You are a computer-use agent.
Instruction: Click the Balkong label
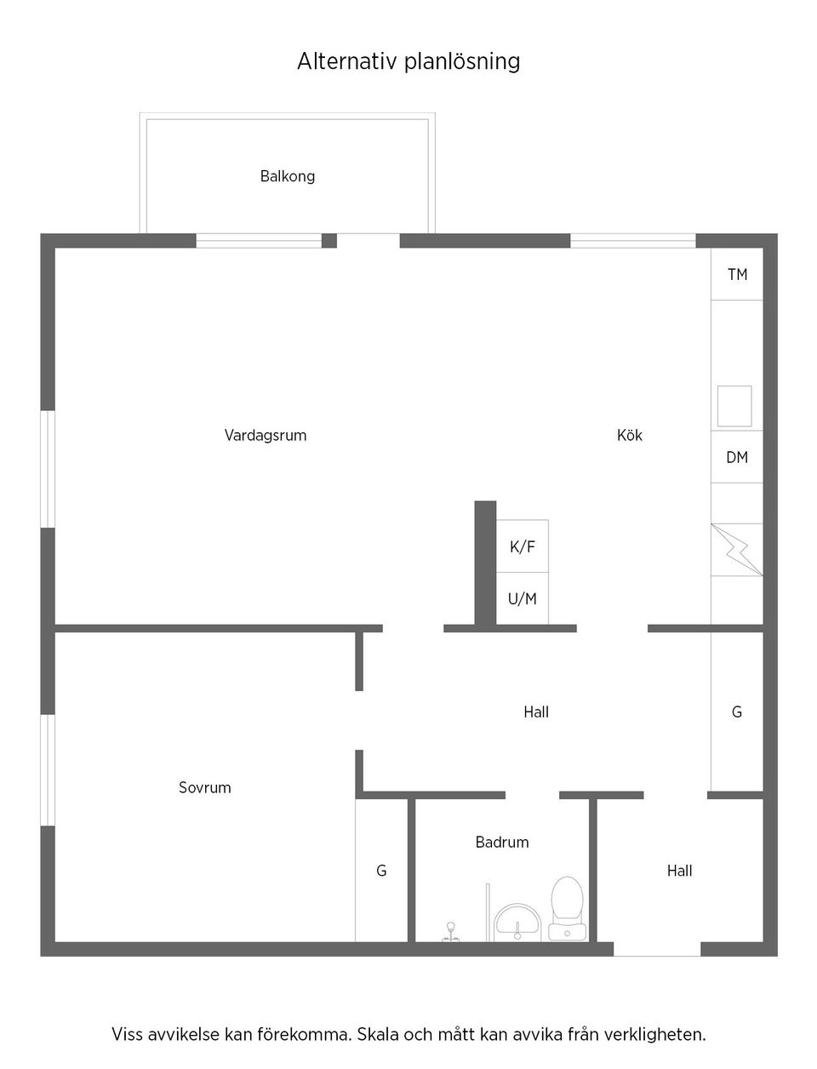(x=288, y=176)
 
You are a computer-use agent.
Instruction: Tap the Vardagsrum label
(x=266, y=435)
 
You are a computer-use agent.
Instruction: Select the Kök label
(x=630, y=435)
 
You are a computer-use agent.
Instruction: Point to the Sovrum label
(x=205, y=787)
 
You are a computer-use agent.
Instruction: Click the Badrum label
(x=502, y=842)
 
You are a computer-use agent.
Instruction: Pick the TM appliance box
(x=737, y=274)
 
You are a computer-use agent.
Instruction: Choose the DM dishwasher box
(x=737, y=457)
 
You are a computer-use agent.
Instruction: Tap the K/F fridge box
(x=523, y=546)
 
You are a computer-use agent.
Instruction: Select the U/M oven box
(x=523, y=599)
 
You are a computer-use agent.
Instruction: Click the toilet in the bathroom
(x=566, y=907)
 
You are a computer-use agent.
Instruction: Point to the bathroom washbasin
(x=517, y=922)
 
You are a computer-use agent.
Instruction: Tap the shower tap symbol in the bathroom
(x=451, y=932)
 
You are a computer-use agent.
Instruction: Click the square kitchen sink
(x=734, y=406)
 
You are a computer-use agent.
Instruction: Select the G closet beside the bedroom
(x=381, y=871)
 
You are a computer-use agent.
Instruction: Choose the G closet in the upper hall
(x=737, y=712)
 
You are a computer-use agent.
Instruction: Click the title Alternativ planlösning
(x=408, y=61)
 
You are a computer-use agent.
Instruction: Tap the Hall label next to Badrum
(x=680, y=871)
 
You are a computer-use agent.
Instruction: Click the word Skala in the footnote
(x=379, y=1035)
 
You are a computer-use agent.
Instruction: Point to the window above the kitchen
(x=632, y=241)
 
